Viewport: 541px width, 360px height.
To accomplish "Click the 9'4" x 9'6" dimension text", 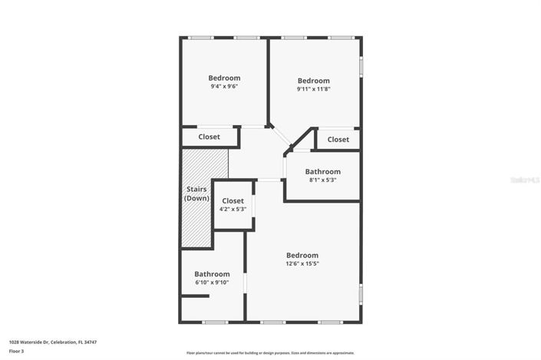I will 224,87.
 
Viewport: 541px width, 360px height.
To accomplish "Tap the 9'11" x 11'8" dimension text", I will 313,89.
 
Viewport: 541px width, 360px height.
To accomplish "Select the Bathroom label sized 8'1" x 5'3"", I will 322,171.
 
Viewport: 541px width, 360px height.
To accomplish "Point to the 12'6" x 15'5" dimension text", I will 302,263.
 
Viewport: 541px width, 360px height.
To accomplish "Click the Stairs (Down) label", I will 196,193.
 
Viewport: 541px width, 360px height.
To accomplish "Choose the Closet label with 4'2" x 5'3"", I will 233,200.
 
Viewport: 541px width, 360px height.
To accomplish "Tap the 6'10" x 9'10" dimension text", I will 212,282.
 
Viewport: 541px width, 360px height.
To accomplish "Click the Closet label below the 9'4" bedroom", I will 209,137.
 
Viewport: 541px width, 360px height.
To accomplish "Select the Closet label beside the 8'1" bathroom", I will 338,139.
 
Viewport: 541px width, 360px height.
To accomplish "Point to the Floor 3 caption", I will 17,351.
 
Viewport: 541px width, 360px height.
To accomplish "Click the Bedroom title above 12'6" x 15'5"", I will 302,255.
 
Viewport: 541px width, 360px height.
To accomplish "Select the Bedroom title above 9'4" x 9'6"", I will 224,78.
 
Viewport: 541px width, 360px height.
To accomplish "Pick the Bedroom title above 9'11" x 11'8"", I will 313,81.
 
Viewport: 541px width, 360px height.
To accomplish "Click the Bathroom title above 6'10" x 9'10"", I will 212,274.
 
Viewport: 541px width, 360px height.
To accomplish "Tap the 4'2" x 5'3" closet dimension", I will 233,209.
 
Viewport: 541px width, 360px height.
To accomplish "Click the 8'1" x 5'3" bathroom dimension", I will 322,180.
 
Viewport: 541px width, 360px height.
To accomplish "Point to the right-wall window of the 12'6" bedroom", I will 360,294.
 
